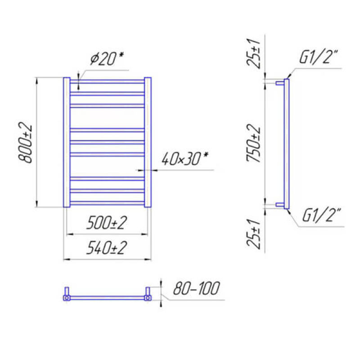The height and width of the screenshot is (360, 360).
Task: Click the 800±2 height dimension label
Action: click(x=25, y=143)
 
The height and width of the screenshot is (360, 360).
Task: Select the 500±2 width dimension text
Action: click(x=107, y=222)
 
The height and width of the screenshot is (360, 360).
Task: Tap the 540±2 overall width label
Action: click(x=107, y=248)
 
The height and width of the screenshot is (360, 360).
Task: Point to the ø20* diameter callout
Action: click(x=107, y=58)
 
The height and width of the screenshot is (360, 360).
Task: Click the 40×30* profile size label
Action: click(x=185, y=159)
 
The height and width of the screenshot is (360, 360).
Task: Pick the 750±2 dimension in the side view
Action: click(x=253, y=143)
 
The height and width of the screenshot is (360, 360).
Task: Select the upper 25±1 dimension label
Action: click(x=253, y=54)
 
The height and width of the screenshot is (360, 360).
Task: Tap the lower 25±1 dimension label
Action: click(x=253, y=234)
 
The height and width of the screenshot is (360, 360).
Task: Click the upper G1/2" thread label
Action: click(x=319, y=57)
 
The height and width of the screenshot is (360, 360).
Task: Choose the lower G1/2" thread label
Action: click(x=321, y=215)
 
